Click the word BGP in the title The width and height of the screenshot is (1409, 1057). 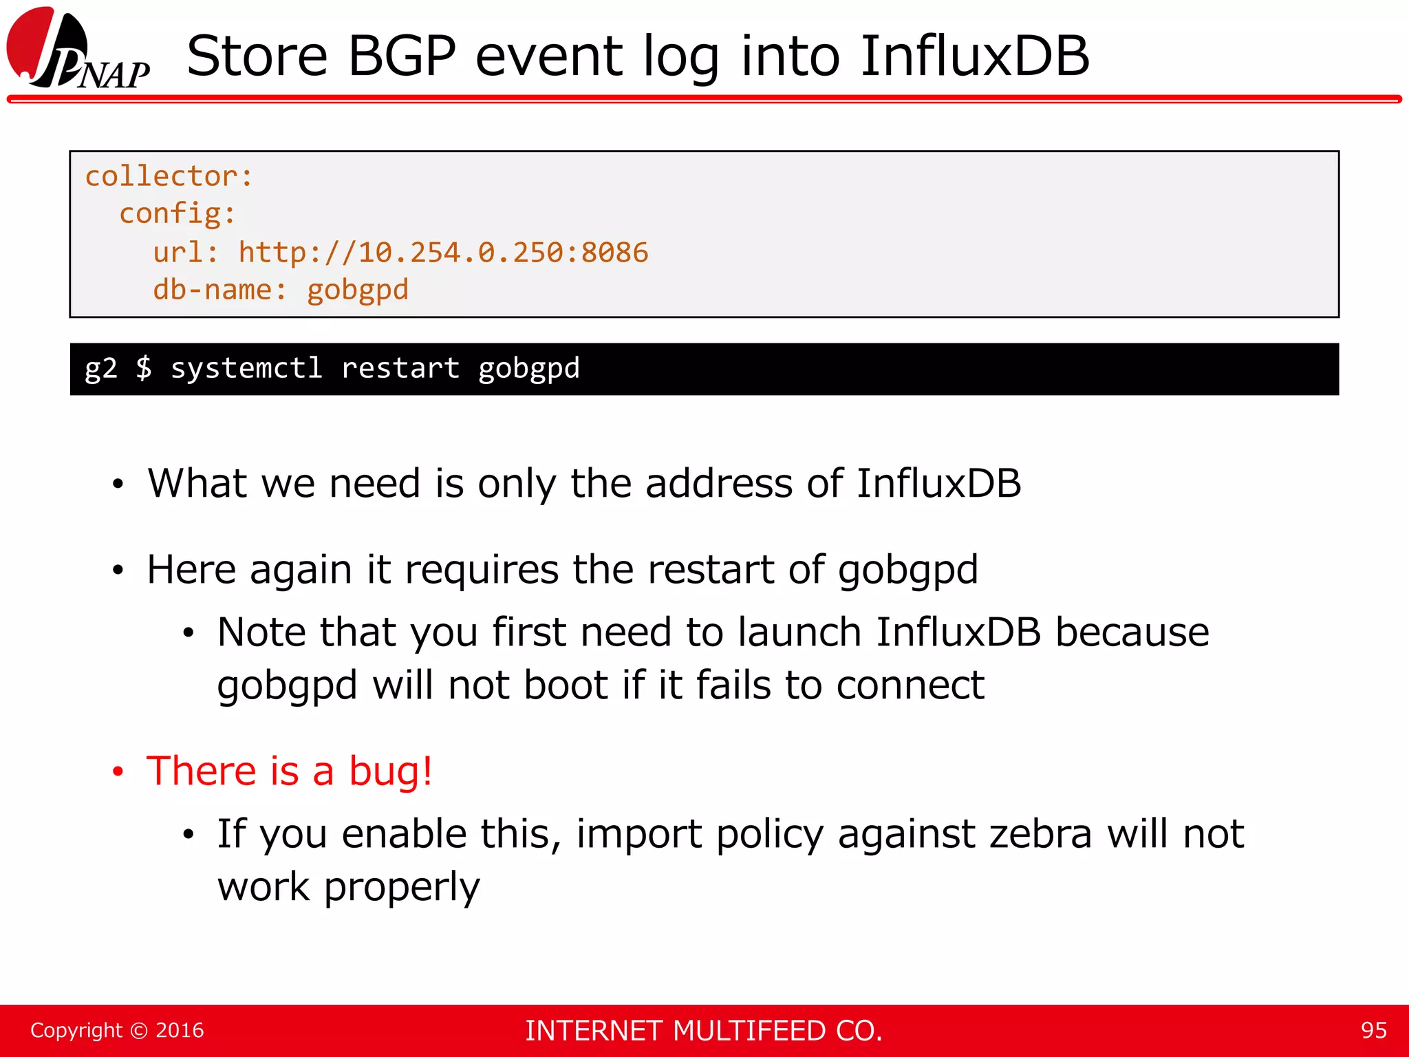[402, 56]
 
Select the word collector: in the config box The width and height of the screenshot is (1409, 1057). [169, 177]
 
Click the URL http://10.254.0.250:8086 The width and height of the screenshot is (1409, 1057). [443, 253]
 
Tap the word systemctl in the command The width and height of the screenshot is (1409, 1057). [246, 368]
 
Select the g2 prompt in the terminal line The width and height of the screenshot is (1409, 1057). [100, 369]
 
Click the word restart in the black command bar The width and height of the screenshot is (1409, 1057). [400, 368]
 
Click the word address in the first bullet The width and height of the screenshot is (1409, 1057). [719, 483]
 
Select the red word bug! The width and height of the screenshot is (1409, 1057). [391, 771]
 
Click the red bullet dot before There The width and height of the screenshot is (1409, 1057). [118, 772]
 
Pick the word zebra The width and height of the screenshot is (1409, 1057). [1040, 834]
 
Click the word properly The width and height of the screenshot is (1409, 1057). [402, 888]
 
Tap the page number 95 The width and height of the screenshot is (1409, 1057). [1373, 1030]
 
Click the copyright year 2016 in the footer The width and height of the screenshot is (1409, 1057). [180, 1030]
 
